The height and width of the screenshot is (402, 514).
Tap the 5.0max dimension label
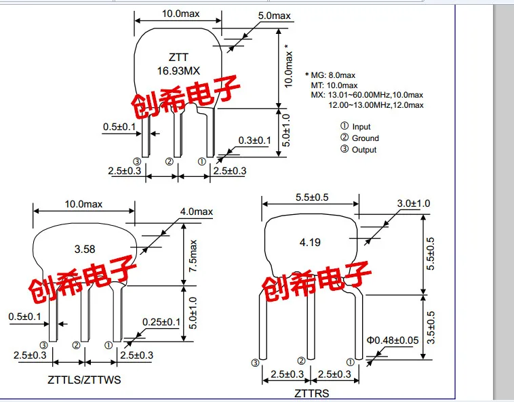pyautogui.click(x=274, y=16)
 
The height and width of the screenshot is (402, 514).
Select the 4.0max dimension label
pyautogui.click(x=196, y=212)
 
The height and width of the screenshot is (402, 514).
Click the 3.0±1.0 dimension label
pyautogui.click(x=414, y=203)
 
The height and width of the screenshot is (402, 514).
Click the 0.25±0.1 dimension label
pyautogui.click(x=161, y=322)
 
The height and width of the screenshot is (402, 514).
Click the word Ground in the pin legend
pyautogui.click(x=365, y=138)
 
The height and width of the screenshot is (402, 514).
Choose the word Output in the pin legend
pyautogui.click(x=364, y=150)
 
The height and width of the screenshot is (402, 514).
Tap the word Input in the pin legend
pyautogui.click(x=361, y=127)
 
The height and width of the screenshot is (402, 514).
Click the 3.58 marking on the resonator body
pyautogui.click(x=85, y=249)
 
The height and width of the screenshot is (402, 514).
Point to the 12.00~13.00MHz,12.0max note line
pyautogui.click(x=376, y=105)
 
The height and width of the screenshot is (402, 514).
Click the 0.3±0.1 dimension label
pyautogui.click(x=254, y=140)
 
